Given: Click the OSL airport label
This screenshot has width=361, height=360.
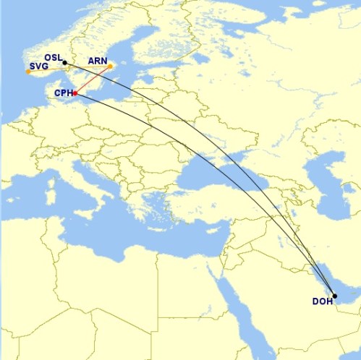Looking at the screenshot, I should coord(54,56).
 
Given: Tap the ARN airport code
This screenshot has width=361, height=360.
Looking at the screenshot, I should coord(97,61).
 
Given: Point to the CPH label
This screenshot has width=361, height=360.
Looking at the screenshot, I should coord(64,93).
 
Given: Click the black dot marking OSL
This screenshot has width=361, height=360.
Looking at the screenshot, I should coord(65,62).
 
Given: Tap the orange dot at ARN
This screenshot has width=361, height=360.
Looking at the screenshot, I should coord(111,68).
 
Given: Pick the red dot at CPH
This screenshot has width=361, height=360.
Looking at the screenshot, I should coord(75,93).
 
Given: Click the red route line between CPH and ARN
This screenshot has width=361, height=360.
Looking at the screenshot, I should coord(93,81).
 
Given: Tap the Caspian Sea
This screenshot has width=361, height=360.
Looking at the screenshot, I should coord(318,181).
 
